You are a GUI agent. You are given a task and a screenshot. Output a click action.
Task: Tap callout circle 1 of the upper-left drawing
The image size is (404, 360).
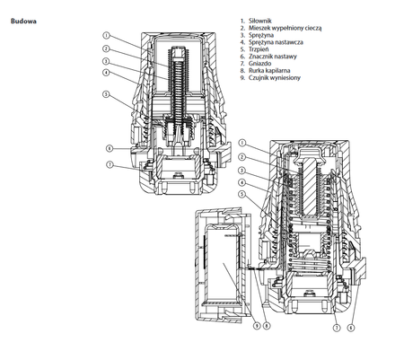click(x=105, y=36)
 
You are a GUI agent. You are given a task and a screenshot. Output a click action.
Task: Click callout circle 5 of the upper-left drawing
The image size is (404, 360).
click(x=105, y=94)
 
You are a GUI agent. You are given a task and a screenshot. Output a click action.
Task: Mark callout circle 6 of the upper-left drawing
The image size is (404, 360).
click(x=110, y=147)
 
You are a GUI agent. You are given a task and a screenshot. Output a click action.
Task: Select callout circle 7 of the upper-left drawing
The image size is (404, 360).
click(x=110, y=165)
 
